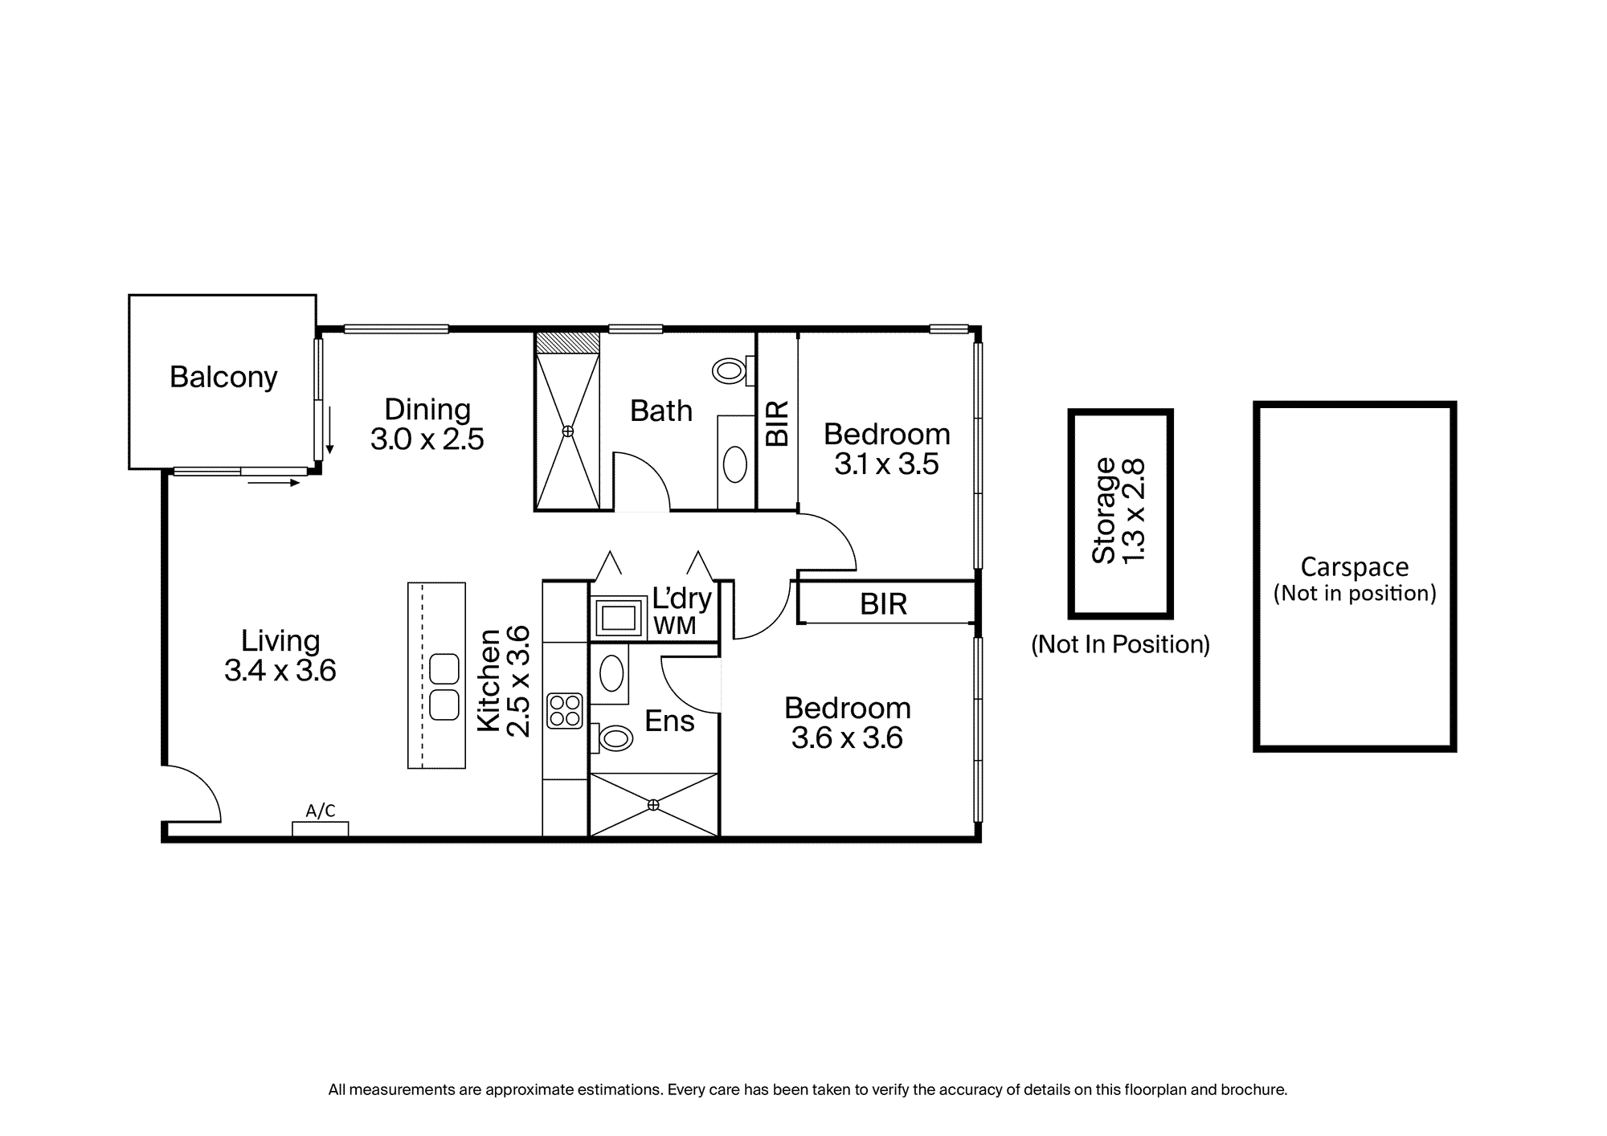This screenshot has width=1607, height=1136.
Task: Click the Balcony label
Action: click(223, 377)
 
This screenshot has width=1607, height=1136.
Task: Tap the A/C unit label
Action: click(321, 811)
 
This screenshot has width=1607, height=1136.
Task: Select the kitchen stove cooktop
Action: click(565, 711)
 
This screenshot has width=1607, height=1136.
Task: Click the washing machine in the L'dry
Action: click(619, 617)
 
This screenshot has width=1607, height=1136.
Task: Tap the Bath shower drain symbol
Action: click(568, 431)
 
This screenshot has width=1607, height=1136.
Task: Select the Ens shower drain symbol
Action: click(653, 804)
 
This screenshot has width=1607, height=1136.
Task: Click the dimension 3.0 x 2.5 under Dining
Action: click(427, 439)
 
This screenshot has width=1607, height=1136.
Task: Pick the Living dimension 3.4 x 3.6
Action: click(280, 671)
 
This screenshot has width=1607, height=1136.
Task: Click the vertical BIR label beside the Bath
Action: click(778, 423)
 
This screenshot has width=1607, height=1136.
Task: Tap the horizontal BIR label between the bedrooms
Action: click(884, 604)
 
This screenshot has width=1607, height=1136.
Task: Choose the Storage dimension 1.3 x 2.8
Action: click(1133, 512)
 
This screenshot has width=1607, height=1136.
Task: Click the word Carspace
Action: click(1355, 567)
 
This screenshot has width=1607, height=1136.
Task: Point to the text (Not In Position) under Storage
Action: click(1120, 644)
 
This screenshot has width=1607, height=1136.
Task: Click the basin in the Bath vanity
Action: click(735, 464)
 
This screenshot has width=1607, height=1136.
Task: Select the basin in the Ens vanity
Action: click(611, 673)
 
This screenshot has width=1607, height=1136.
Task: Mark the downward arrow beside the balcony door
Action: click(329, 430)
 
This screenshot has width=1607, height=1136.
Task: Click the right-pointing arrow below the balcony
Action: click(274, 483)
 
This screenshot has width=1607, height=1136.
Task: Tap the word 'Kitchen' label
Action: click(489, 680)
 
